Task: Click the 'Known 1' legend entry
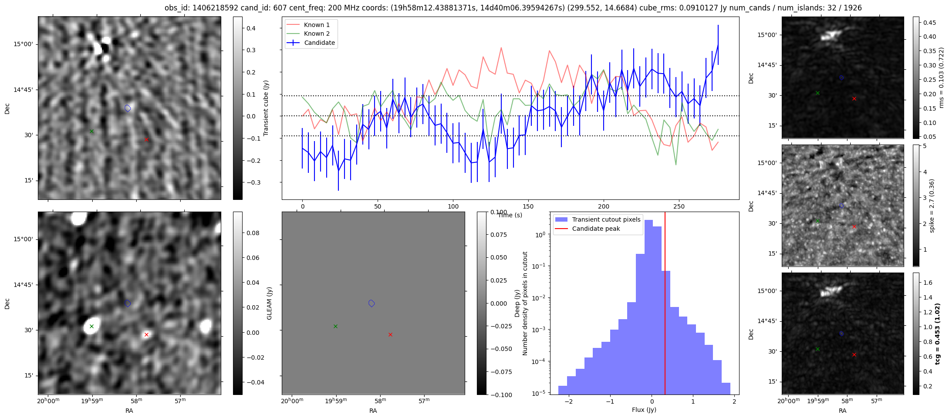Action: pos(311,25)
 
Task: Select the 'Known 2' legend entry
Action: pos(311,34)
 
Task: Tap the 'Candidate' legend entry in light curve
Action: pos(311,43)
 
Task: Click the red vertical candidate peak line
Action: pos(665,303)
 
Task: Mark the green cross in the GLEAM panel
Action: pos(91,326)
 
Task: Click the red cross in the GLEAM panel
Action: pos(146,334)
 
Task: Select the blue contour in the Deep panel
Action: pos(371,303)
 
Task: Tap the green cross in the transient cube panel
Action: pos(91,131)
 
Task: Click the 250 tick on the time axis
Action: pos(679,206)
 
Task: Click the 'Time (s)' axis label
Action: pos(510,215)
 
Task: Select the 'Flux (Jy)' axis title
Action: pos(644,410)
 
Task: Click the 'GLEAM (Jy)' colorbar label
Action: pos(269,303)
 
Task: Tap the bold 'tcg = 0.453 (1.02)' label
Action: pos(938,334)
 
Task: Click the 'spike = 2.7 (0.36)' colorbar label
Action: pos(932,206)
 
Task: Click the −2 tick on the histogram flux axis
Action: pos(569,401)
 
